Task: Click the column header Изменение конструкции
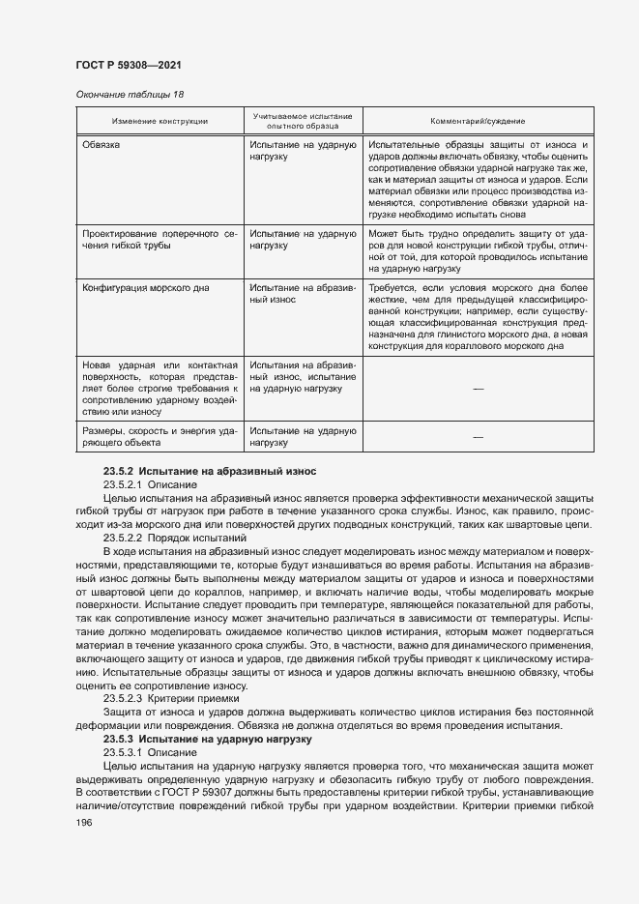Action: coord(160,121)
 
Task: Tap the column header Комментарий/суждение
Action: coord(478,121)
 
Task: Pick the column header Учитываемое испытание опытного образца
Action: coord(303,121)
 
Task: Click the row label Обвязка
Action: coord(102,145)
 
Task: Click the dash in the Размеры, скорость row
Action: coord(478,437)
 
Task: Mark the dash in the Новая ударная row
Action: coord(478,388)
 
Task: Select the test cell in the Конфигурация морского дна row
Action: coord(303,294)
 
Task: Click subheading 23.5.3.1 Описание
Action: coord(150,751)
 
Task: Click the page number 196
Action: coord(83,822)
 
